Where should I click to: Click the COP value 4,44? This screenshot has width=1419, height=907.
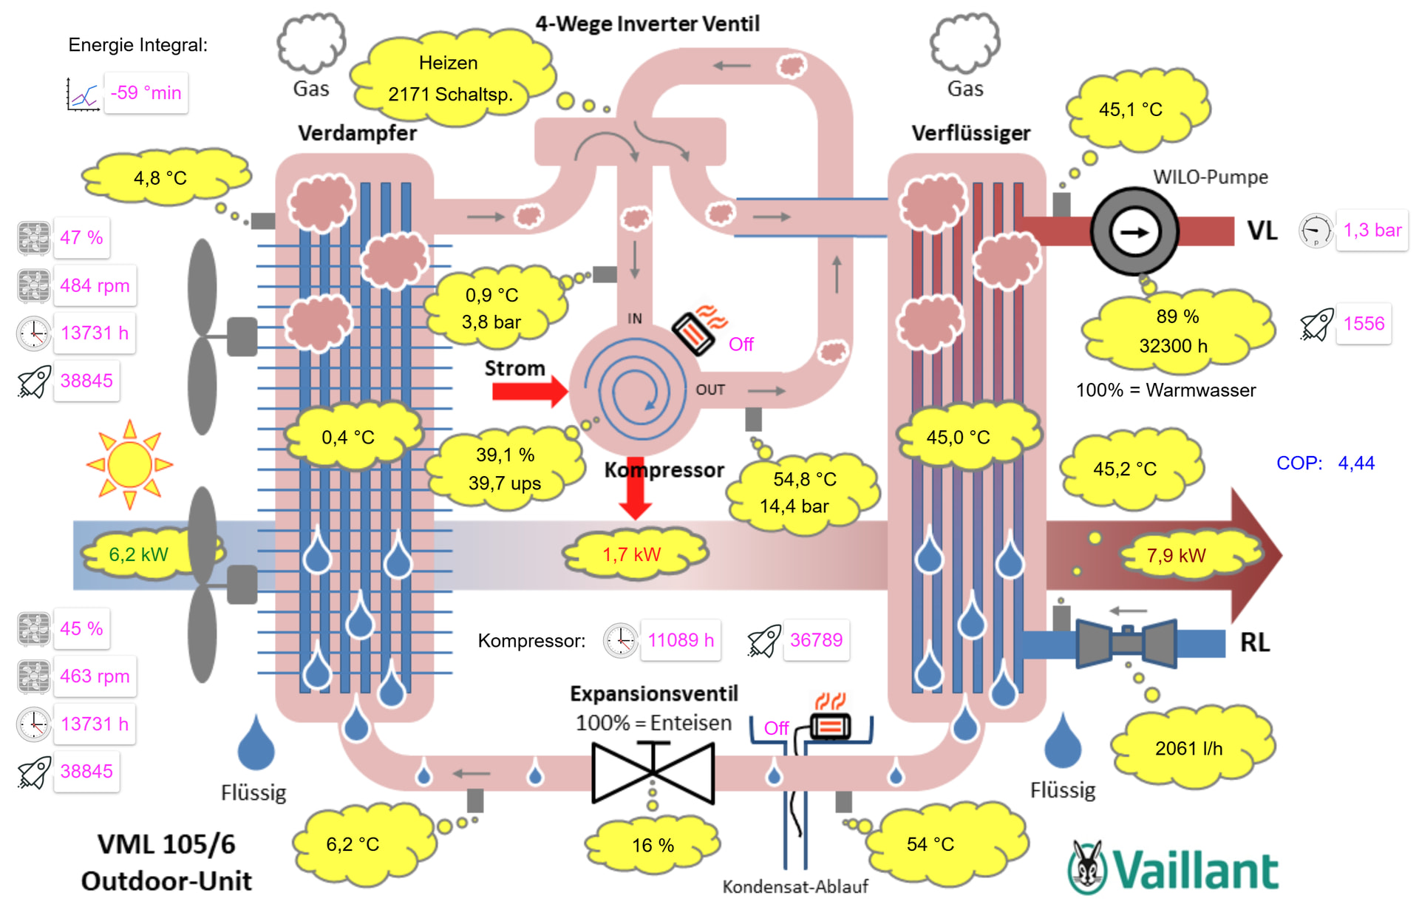1356,463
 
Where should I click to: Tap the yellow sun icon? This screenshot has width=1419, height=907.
130,465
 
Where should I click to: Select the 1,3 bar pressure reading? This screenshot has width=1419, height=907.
1372,231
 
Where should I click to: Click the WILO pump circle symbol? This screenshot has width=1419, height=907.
1134,232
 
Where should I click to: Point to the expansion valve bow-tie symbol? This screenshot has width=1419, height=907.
653,772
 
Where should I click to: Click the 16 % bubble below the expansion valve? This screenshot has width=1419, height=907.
653,845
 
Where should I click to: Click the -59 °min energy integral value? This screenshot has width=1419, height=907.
146,93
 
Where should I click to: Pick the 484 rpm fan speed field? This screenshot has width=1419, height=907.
95,285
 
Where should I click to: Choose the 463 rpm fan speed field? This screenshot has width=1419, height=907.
95,676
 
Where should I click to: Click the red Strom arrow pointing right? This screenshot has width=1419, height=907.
529,390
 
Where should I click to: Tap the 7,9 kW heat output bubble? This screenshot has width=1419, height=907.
1176,555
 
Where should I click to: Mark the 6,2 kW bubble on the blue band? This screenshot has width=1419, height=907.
138,554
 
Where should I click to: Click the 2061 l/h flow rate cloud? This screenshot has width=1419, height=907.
1188,748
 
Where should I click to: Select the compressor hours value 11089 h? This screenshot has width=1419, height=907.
681,640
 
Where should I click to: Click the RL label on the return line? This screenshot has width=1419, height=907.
1255,642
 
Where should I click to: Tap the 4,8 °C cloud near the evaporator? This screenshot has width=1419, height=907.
160,178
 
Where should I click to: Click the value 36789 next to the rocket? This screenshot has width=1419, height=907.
816,640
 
